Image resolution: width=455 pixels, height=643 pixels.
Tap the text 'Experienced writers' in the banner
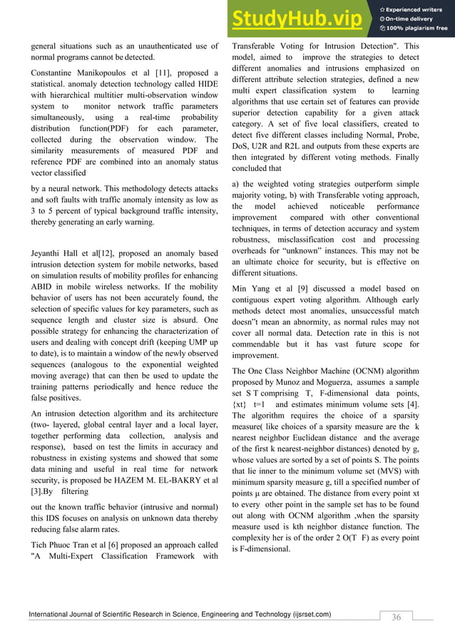(418, 9)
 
